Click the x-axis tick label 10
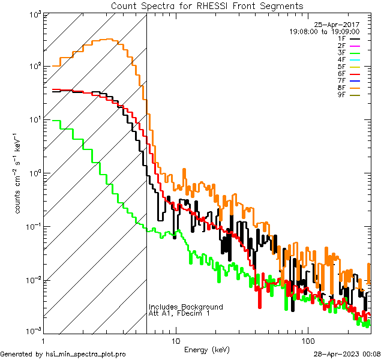coord(176,341)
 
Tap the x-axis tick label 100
coord(308,341)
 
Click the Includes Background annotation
coord(186,307)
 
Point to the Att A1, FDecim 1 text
coord(180,313)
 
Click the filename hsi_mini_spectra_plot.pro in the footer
coord(86,355)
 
